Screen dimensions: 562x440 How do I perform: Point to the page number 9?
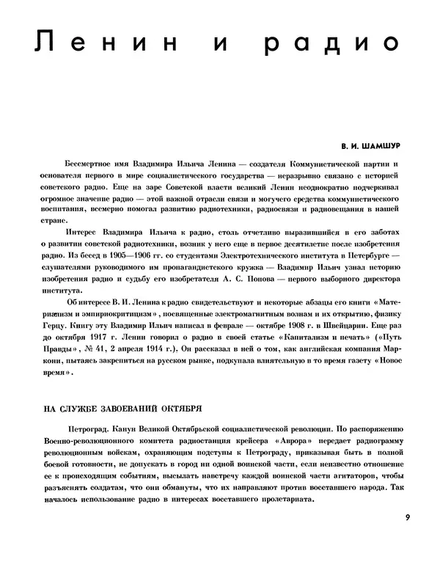(x=407, y=517)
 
